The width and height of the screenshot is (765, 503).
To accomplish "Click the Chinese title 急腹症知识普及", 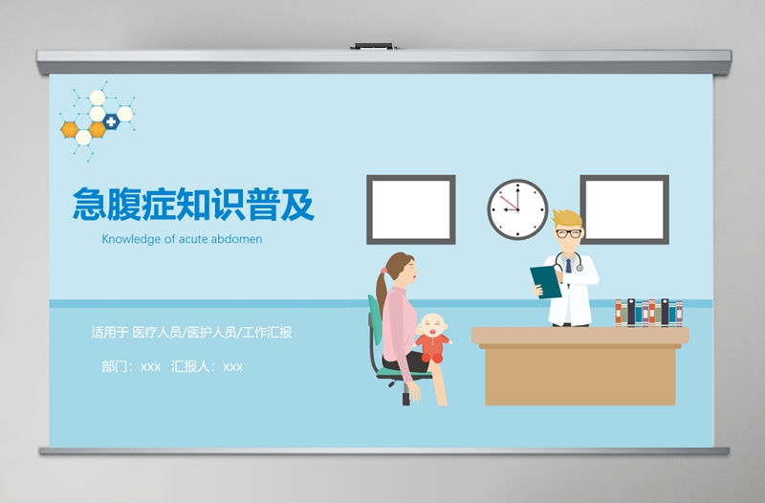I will (193, 204).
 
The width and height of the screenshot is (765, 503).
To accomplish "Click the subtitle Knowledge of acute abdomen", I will (182, 239).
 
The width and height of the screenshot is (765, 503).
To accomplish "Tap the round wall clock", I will (517, 209).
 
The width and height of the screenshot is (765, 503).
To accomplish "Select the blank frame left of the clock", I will (411, 209).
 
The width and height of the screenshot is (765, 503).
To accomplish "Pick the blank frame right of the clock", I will (624, 209).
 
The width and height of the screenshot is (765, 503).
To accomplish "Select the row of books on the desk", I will (648, 313).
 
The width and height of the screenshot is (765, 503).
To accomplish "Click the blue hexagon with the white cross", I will (112, 121).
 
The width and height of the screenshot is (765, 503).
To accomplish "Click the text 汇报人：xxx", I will (207, 365).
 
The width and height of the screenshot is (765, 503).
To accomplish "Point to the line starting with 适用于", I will (191, 333).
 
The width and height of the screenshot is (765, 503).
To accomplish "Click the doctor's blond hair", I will (565, 217).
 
